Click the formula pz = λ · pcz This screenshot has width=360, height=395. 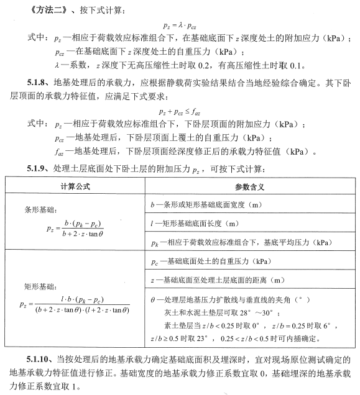[x=180, y=26]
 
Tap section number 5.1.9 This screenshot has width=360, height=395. [x=38, y=168]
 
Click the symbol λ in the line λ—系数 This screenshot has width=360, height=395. [x=58, y=65]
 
